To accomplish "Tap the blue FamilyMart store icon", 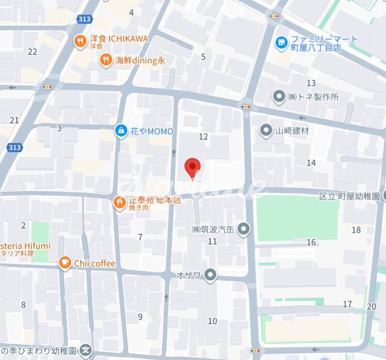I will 280,43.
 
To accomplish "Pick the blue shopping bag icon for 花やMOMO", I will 120,130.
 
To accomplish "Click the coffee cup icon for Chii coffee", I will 64,262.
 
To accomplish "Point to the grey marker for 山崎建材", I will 265,130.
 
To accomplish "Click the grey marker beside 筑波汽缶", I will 244,229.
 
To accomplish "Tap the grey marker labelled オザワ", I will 210,276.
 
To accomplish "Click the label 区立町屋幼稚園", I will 350,197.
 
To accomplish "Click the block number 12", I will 203,137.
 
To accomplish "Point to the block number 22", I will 33,52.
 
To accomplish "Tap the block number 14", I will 311,163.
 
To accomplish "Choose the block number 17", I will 347,304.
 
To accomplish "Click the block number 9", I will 140,317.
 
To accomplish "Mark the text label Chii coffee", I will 95,263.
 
